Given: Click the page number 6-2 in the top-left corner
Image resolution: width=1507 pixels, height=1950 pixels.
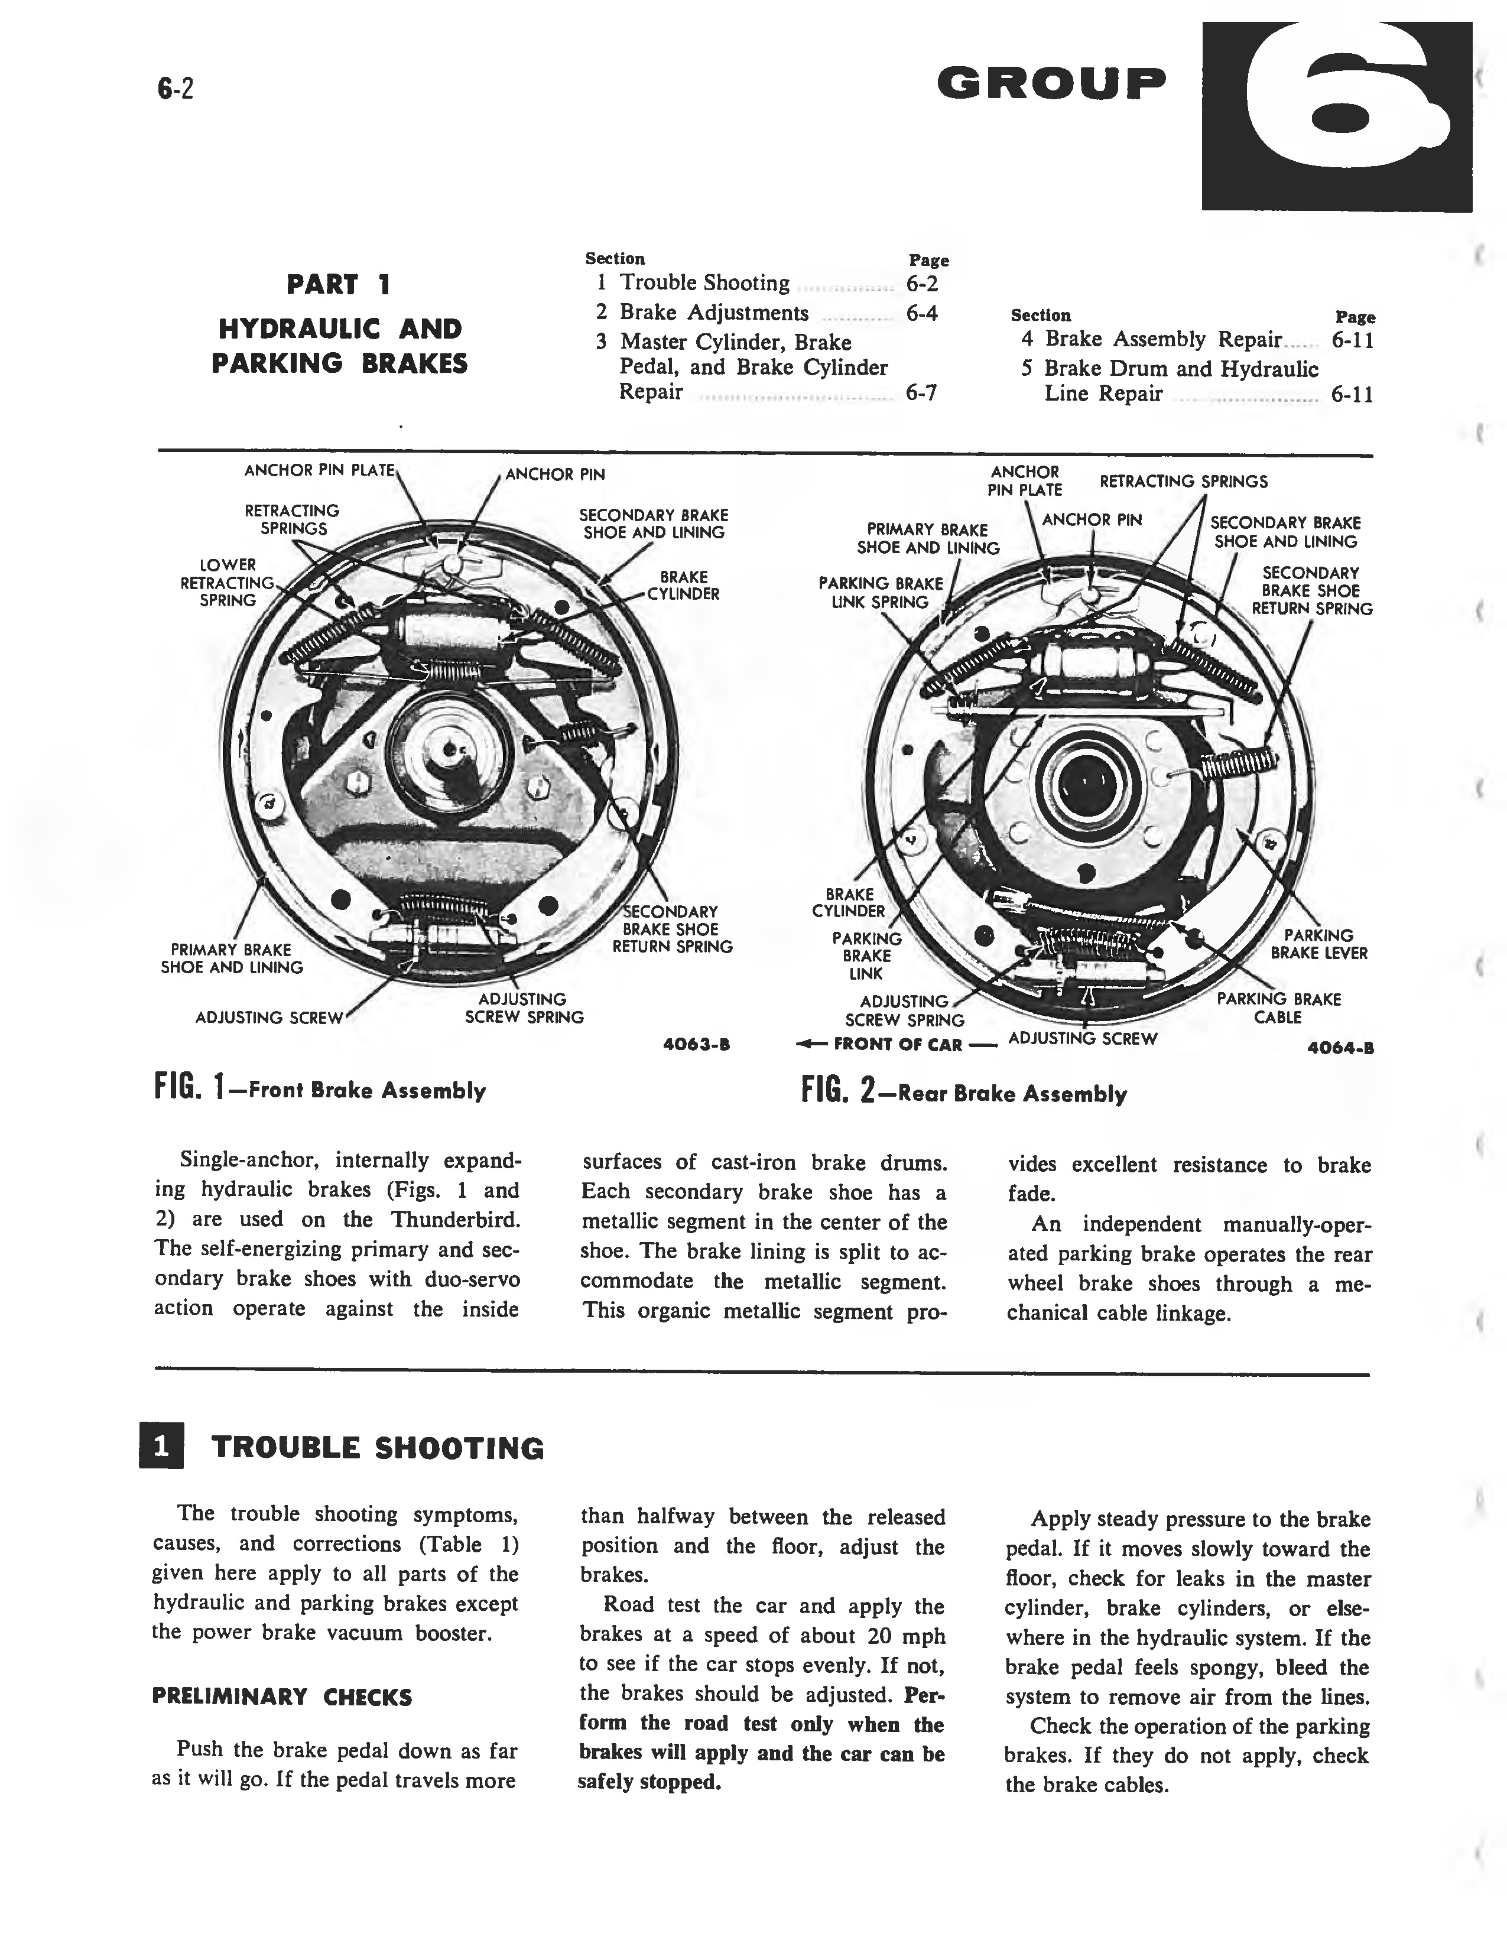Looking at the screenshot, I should click(x=175, y=89).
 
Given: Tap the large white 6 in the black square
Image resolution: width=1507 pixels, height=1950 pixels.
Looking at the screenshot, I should click(x=1336, y=116).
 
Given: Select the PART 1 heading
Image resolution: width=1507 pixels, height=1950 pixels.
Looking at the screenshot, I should click(x=339, y=285).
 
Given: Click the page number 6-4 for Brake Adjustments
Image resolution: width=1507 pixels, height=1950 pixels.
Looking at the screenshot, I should click(x=921, y=313).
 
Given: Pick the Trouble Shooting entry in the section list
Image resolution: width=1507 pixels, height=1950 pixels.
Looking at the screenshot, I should click(x=704, y=283).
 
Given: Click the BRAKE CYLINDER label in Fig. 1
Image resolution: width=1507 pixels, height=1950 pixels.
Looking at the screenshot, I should click(x=683, y=585).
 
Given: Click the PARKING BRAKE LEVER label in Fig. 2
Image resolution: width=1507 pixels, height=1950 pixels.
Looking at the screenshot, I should click(x=1318, y=944).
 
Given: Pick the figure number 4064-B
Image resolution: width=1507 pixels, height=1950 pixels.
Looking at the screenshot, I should click(x=1339, y=1049).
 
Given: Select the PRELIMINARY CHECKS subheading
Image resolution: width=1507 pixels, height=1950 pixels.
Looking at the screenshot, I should click(x=282, y=1696).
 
